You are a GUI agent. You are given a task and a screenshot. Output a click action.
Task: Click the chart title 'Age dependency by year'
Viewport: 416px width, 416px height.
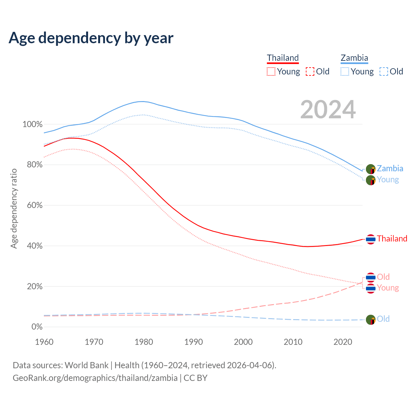91,38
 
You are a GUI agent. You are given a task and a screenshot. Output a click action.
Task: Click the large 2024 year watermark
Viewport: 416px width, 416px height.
328,110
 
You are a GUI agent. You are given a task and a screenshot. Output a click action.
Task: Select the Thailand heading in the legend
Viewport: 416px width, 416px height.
283,58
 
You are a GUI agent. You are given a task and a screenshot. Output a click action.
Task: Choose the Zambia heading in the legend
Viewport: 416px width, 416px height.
354,58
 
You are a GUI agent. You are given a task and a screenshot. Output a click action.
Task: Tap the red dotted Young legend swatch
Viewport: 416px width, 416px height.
271,71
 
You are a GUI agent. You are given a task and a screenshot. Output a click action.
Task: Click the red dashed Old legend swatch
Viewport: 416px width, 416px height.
310,71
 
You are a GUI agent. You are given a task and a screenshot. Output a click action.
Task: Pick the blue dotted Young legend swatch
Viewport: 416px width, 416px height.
345,71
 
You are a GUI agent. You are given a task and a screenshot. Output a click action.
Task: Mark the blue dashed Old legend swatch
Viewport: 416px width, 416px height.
384,71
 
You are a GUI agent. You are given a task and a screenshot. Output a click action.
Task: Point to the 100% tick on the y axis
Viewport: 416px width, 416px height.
32,124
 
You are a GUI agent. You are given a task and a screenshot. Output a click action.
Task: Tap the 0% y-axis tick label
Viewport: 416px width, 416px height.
37,327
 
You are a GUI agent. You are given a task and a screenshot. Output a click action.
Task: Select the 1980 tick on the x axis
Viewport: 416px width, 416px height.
144,342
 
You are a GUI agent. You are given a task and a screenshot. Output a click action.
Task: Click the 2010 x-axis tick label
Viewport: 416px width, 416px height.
293,342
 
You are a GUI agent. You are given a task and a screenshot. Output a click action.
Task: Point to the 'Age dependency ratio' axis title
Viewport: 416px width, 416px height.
14,208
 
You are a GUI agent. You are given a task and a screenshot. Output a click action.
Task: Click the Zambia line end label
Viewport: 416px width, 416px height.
390,169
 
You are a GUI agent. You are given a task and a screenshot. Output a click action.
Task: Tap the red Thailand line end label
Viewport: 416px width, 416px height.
392,239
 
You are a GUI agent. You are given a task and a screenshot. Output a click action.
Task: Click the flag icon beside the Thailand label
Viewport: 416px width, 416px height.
370,239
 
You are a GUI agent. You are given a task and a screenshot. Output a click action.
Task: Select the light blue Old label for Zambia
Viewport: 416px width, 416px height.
383,319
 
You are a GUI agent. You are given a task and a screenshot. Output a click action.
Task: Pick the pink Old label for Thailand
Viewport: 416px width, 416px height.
383,277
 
